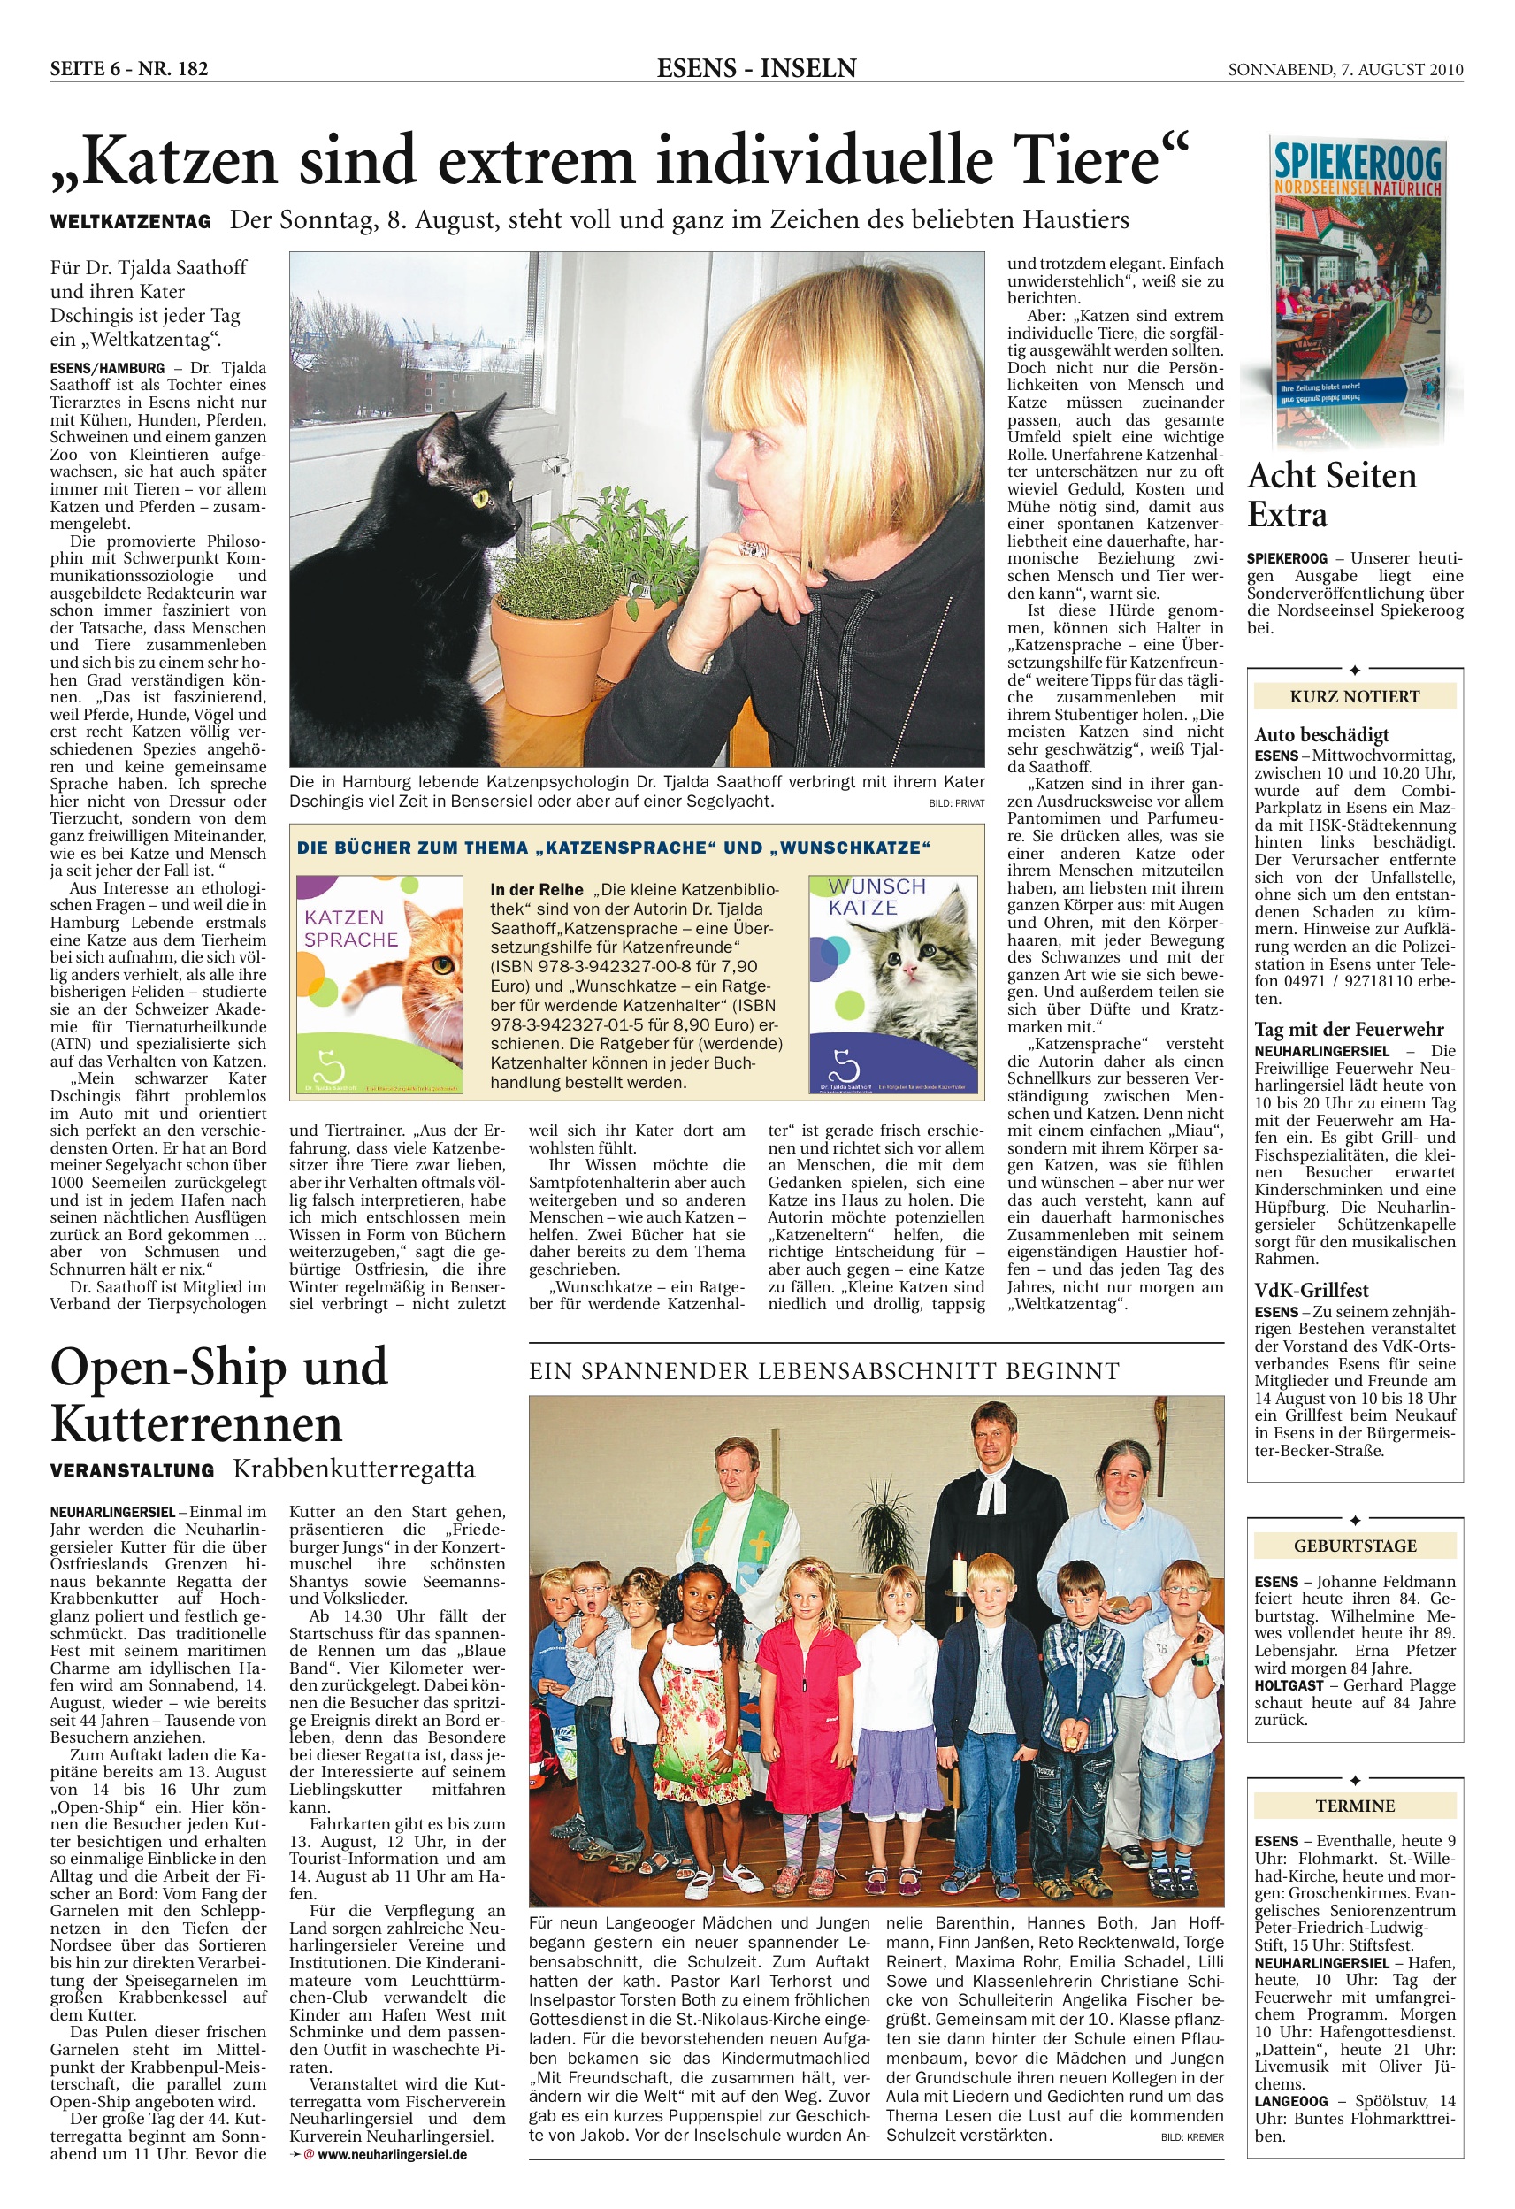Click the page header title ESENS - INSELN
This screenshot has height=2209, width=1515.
[756, 68]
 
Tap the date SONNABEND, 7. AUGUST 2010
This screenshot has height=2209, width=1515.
[1345, 69]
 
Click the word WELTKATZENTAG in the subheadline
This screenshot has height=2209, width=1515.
[130, 222]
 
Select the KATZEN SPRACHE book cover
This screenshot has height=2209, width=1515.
[379, 983]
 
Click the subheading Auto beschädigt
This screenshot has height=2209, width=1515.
[1321, 733]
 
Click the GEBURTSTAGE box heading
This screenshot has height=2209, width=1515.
[1354, 1546]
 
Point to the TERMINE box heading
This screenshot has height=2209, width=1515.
[1354, 1806]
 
